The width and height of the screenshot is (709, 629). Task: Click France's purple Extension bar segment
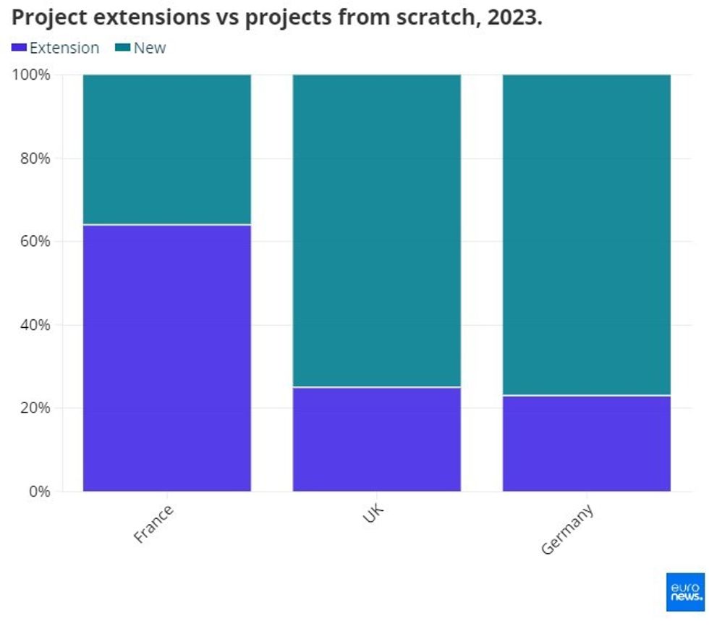pos(167,358)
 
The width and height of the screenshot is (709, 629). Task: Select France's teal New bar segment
pos(167,149)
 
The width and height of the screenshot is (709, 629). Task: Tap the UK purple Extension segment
pos(376,439)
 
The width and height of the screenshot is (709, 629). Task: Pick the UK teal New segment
pos(376,230)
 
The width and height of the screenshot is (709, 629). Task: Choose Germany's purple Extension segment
pos(586,443)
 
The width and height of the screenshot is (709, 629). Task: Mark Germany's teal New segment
pos(586,235)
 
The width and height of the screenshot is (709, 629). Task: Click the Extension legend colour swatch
pos(19,48)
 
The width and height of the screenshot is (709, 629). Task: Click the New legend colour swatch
pos(123,48)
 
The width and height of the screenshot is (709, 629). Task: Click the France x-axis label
pos(153,524)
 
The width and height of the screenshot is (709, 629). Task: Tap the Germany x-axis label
pos(568,529)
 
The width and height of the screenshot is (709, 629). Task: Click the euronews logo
pos(684,591)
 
